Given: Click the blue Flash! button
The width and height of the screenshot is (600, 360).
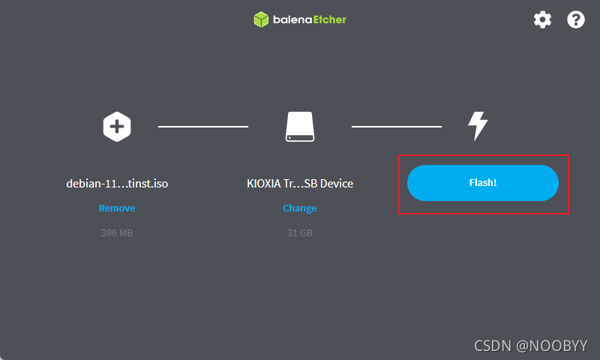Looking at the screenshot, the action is click(482, 183).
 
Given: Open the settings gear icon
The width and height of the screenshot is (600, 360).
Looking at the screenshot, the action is click(542, 19).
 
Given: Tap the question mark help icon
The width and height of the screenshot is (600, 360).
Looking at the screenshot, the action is click(575, 19).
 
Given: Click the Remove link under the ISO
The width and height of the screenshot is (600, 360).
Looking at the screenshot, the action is click(117, 208).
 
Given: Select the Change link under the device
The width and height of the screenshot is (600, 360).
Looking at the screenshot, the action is click(299, 208).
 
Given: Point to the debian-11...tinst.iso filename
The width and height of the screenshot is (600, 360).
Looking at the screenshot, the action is click(117, 184).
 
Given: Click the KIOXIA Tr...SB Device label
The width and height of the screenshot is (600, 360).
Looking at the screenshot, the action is click(300, 184).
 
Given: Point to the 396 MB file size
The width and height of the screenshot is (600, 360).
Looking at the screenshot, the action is click(117, 233).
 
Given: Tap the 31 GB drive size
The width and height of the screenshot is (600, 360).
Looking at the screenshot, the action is click(299, 233).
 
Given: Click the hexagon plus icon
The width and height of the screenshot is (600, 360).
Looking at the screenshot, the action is click(117, 127).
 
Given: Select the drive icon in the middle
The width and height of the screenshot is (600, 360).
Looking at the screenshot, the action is click(300, 127).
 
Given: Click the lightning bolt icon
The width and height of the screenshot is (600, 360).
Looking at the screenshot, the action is click(478, 126).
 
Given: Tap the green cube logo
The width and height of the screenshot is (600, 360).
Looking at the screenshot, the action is click(261, 19).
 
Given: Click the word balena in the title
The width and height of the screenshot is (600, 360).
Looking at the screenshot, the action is click(292, 19).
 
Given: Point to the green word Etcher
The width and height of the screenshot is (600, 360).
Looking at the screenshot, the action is click(330, 19).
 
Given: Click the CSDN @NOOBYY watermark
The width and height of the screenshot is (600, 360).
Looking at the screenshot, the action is click(531, 346).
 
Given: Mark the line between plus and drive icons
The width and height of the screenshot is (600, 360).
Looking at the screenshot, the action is click(203, 126).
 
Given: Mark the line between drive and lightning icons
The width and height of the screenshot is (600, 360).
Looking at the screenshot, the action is click(397, 126).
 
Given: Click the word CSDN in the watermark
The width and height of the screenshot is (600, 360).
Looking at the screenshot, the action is click(493, 346).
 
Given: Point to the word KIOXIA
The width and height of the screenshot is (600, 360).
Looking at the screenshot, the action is click(264, 184).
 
